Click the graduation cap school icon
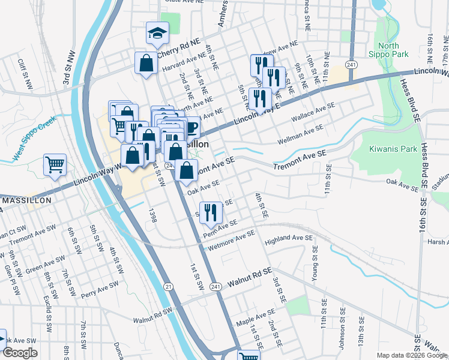[157, 34]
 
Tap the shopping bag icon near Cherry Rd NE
[146, 62]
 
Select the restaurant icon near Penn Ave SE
[210, 212]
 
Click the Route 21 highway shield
[169, 287]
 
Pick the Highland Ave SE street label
[289, 239]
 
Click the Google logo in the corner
[20, 353]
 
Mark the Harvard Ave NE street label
[181, 62]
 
